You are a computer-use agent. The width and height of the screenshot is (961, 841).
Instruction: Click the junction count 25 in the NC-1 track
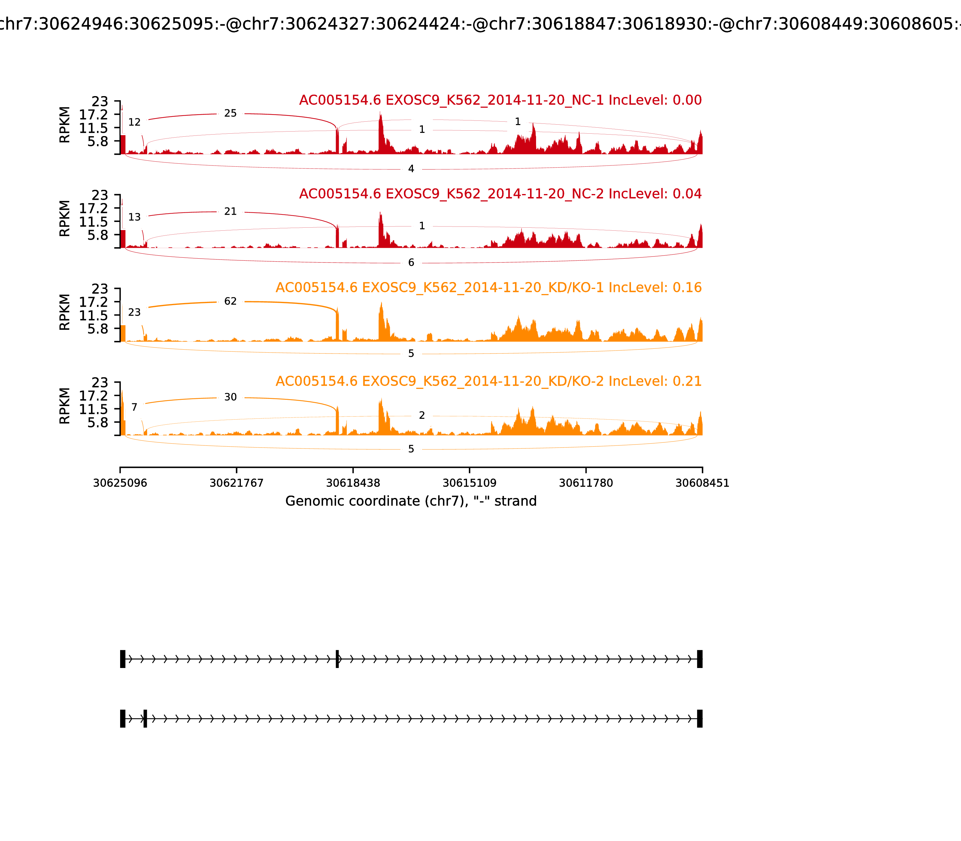230,114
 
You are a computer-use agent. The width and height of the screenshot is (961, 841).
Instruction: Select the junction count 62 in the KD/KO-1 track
230,301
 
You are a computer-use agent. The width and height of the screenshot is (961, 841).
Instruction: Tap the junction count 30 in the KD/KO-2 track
230,397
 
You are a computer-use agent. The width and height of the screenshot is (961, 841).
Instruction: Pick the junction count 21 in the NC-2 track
230,212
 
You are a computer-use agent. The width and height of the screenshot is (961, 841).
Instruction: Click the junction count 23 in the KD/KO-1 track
134,313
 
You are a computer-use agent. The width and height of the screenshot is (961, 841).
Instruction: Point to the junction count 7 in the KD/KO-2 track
134,407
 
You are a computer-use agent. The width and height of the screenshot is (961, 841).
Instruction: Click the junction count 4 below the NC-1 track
411,169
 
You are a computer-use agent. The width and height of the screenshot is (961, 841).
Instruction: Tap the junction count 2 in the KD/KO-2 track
422,415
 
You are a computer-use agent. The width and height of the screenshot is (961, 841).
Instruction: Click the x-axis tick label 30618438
353,483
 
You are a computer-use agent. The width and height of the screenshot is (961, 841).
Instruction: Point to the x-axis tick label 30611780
586,483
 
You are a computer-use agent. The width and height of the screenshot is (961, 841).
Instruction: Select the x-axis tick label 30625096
120,483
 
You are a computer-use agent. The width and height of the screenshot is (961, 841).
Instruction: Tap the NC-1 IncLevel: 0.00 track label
500,100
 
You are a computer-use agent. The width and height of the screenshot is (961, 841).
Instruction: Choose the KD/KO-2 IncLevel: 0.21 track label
489,381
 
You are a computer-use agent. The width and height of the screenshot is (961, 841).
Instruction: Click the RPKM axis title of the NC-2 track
65,219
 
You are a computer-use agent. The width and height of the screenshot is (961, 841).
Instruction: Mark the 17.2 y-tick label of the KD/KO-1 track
93,302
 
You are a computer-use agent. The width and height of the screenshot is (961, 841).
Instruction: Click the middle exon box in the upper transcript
337,659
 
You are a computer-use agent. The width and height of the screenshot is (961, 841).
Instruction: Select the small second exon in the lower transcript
145,718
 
